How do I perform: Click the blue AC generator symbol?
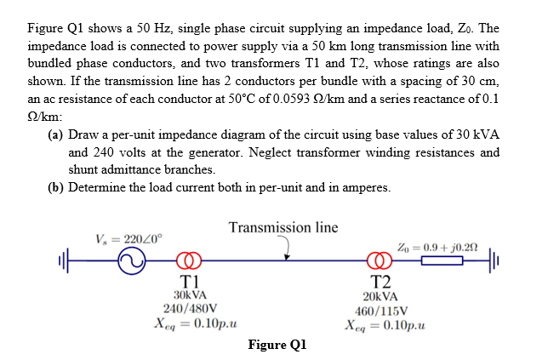pos(134,263)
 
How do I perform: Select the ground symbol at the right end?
pos(494,262)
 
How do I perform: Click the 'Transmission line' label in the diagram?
pos(283,227)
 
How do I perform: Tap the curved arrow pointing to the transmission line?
pos(287,247)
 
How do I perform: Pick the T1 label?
pos(189,282)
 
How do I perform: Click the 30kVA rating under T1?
pos(189,295)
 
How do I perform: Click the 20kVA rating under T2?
pos(377,295)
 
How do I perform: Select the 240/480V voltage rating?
pos(189,309)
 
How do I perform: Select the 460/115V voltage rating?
pos(377,309)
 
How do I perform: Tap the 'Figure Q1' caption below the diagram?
pos(277,344)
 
